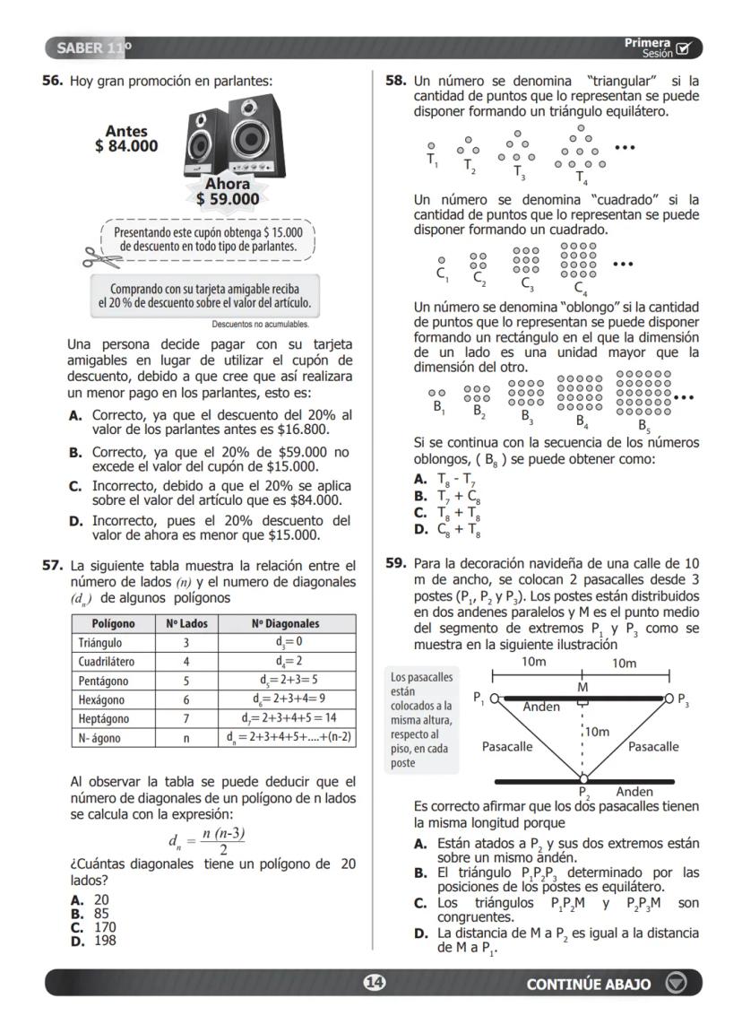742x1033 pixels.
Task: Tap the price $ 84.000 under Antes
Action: click(126, 146)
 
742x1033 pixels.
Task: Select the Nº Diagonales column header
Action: click(285, 624)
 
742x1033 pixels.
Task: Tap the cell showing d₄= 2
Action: click(285, 662)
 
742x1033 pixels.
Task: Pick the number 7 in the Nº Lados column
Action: click(185, 718)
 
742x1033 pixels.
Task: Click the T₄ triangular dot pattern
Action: click(581, 152)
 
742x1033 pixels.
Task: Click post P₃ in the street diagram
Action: click(668, 699)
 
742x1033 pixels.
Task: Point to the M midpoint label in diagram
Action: click(583, 687)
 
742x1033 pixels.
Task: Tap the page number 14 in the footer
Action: click(374, 984)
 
